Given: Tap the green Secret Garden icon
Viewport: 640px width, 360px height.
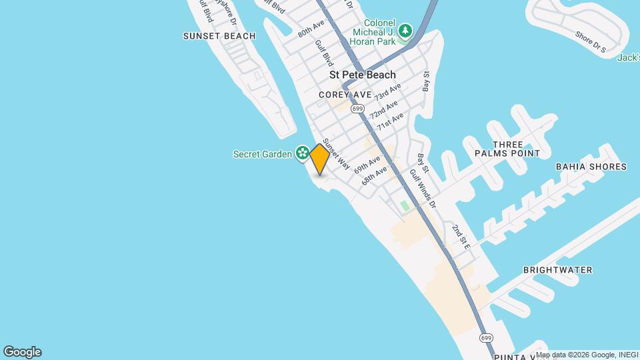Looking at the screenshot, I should pyautogui.click(x=302, y=154).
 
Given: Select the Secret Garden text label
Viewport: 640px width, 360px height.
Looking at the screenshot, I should pyautogui.click(x=262, y=154).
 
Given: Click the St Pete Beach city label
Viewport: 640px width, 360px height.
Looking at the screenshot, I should pyautogui.click(x=362, y=75).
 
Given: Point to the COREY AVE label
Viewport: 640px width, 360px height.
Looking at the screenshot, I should pyautogui.click(x=344, y=95).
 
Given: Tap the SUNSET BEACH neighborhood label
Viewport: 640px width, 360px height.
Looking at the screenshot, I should pyautogui.click(x=219, y=36).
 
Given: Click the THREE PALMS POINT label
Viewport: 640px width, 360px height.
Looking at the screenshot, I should pyautogui.click(x=517, y=149).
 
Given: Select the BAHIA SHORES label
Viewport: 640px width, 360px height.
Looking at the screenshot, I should pyautogui.click(x=591, y=167).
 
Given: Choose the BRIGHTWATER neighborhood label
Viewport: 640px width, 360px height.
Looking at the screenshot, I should pyautogui.click(x=558, y=270).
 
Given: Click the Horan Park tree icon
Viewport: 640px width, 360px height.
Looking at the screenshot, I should pyautogui.click(x=405, y=30).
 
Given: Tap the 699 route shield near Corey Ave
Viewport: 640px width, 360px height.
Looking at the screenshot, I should pyautogui.click(x=358, y=109).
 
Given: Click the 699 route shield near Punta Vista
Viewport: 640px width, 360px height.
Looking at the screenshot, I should pyautogui.click(x=485, y=338).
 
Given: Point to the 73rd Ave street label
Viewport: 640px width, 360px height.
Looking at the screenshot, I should pyautogui.click(x=387, y=93).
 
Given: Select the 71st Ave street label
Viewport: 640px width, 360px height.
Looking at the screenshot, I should pyautogui.click(x=390, y=121).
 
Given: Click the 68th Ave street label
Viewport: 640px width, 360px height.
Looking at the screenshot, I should pyautogui.click(x=375, y=176).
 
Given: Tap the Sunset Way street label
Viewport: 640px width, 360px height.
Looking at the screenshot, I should pyautogui.click(x=337, y=154).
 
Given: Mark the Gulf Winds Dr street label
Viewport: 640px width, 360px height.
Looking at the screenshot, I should pyautogui.click(x=423, y=187).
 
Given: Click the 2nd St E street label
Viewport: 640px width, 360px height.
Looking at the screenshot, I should pyautogui.click(x=461, y=238).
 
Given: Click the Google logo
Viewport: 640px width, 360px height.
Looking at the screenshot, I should pyautogui.click(x=22, y=352).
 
